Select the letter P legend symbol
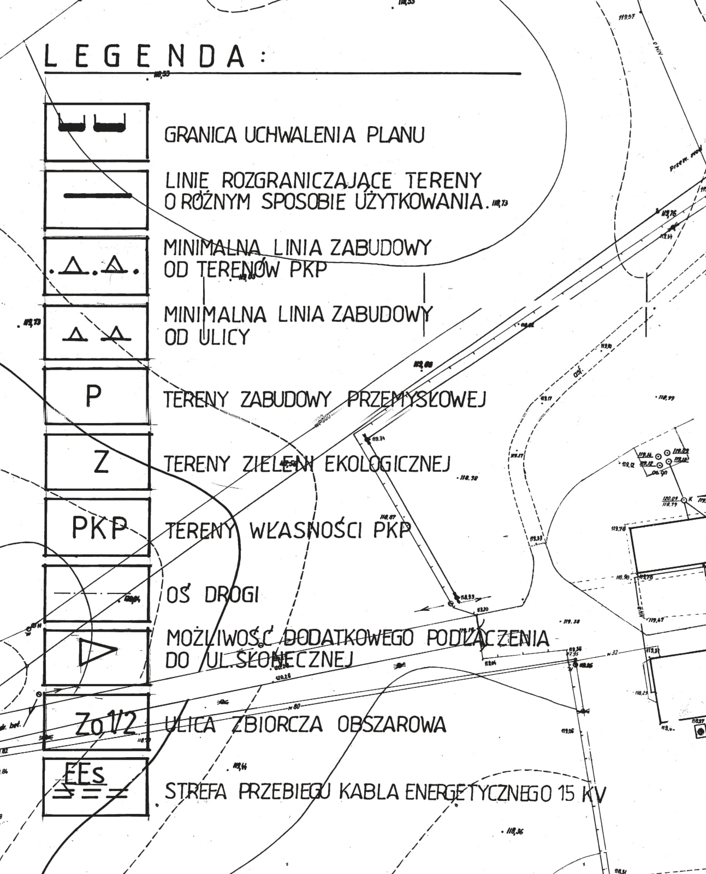[x=93, y=396]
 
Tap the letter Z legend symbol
[x=101, y=462]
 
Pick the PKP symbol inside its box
[x=99, y=528]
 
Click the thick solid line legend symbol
[x=97, y=195]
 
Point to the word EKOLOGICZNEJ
[x=387, y=464]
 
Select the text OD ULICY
[x=207, y=337]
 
